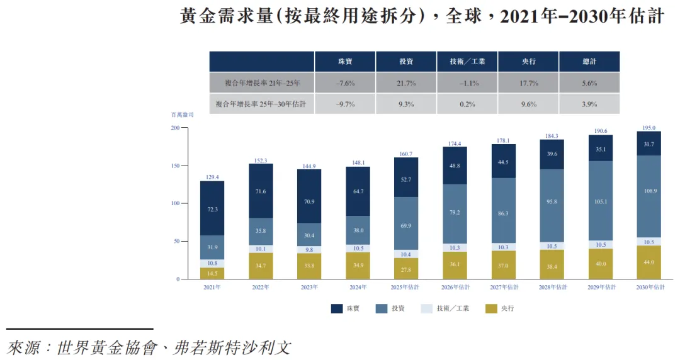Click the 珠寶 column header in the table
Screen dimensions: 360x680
[344, 62]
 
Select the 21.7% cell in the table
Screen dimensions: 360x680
[406, 83]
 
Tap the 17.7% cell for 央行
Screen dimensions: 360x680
[529, 83]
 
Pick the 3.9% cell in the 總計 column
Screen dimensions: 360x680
[589, 104]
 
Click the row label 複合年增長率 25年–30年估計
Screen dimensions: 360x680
[261, 104]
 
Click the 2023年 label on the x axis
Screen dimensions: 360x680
[309, 287]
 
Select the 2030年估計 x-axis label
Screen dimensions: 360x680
[650, 287]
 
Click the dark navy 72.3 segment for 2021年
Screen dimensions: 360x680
[212, 208]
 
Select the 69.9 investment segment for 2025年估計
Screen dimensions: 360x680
[406, 225]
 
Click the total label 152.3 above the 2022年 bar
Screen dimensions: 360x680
[261, 160]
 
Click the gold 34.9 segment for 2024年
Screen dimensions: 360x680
[358, 265]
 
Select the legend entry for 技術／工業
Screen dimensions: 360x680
[448, 308]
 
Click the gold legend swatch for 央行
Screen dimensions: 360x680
[491, 308]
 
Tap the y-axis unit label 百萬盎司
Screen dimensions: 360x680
[182, 115]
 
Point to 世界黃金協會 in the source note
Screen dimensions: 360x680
[105, 347]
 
